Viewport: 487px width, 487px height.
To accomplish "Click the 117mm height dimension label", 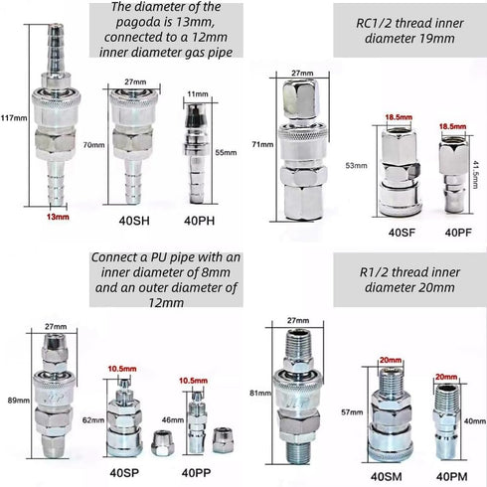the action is (14, 117).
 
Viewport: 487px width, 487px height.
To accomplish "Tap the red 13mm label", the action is (58, 217).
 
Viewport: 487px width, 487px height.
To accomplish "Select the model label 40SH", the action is (134, 221).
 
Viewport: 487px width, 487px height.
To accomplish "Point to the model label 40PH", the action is (199, 221).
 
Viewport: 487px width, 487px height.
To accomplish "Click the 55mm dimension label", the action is (226, 152).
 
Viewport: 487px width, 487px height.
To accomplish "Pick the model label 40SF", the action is (402, 233).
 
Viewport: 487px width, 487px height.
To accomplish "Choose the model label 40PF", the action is (458, 233).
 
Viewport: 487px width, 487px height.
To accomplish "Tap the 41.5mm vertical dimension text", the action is (475, 175).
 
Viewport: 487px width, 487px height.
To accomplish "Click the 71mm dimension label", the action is (262, 144).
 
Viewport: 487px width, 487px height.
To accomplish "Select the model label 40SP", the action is (124, 473).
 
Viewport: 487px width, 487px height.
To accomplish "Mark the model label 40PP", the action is (196, 473).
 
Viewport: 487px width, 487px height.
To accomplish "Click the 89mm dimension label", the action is (19, 401).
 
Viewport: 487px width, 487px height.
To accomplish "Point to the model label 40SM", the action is (387, 477).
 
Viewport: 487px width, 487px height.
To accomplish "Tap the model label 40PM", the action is (452, 477).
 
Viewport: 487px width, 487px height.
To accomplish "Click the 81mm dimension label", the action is (260, 393).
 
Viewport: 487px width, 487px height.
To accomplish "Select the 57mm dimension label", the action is (352, 412).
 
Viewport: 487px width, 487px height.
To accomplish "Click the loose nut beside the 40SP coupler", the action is (162, 442).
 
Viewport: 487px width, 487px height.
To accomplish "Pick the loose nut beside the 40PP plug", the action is (223, 440).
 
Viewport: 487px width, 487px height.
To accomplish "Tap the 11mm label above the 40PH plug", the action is (198, 94).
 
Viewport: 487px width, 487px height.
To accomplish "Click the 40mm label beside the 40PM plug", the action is (475, 421).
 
